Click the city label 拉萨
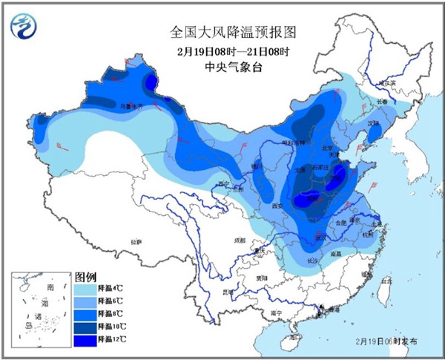pos(136,242)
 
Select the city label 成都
pos(237,240)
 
